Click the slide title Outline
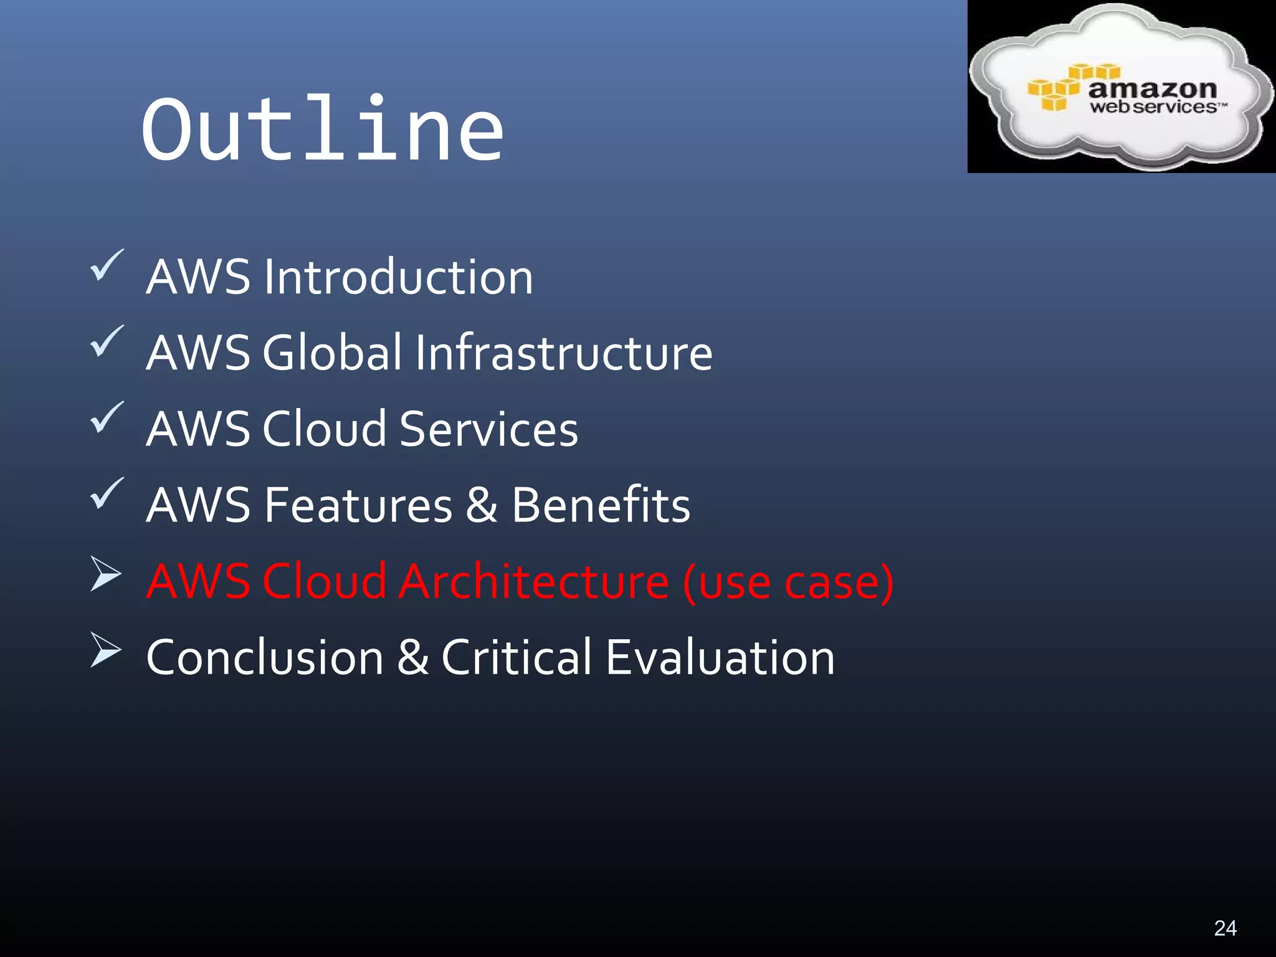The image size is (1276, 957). (x=322, y=129)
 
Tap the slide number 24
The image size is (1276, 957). (x=1225, y=928)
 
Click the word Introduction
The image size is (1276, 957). (x=398, y=277)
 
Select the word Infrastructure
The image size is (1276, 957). (x=563, y=353)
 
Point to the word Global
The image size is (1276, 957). (x=333, y=353)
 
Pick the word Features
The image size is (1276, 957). (x=358, y=505)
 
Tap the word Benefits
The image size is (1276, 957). (x=601, y=505)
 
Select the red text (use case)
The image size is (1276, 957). (x=788, y=582)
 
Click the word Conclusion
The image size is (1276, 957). (x=265, y=657)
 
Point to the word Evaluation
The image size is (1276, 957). (x=720, y=657)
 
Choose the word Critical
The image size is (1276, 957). (x=517, y=657)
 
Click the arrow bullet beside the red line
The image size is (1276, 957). (x=105, y=573)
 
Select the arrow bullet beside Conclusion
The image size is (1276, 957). (x=105, y=649)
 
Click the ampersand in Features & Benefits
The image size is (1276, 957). (x=481, y=505)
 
